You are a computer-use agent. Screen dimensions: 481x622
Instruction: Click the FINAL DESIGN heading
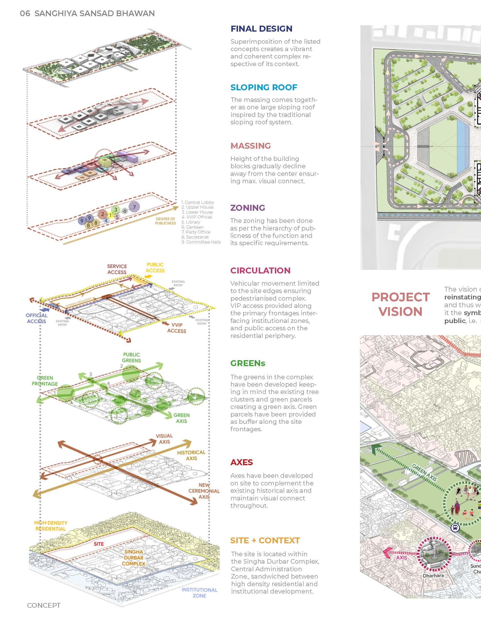(261, 29)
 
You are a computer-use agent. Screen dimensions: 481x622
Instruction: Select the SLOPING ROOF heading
(264, 87)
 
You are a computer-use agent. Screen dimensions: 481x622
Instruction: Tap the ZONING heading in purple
(248, 208)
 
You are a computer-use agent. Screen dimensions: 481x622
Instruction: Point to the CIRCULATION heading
(260, 271)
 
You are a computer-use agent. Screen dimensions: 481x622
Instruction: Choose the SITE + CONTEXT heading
(265, 541)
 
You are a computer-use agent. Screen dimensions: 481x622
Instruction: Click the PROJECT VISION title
(400, 304)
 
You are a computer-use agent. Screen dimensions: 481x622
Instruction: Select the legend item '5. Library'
(191, 222)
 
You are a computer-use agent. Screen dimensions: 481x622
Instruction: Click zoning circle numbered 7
(134, 207)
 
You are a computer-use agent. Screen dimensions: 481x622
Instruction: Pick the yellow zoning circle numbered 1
(110, 215)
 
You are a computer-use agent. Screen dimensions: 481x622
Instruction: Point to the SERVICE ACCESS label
(117, 269)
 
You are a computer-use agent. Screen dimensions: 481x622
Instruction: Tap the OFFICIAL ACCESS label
(36, 318)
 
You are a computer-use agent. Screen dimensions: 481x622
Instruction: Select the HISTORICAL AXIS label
(191, 455)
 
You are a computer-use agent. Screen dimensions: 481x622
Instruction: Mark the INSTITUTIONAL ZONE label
(199, 593)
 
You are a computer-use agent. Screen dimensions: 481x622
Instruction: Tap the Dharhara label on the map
(433, 576)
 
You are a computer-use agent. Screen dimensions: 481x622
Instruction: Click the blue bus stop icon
(455, 528)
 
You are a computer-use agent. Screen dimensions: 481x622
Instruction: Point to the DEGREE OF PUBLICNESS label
(165, 221)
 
